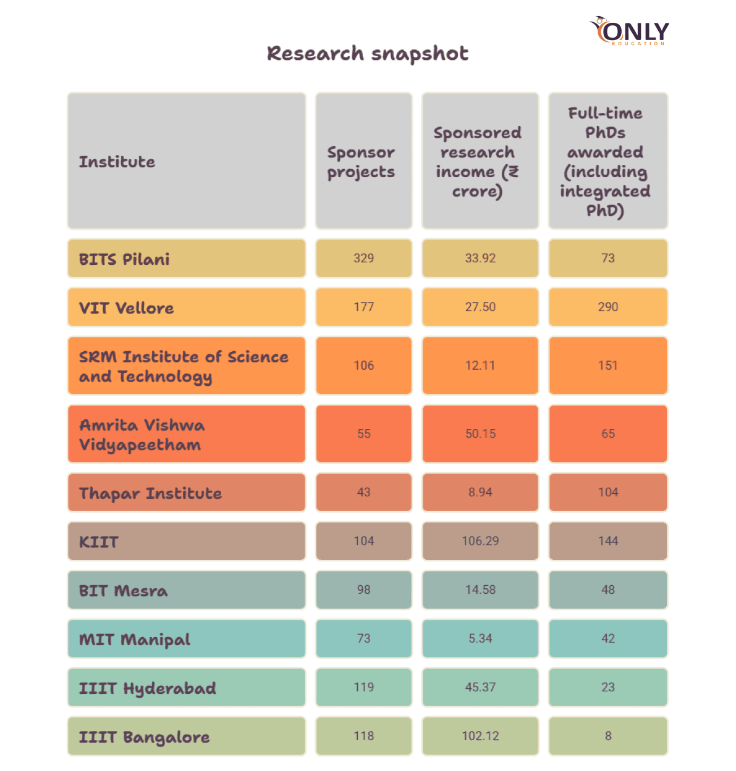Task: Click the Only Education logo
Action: (x=628, y=31)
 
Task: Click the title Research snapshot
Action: (x=368, y=54)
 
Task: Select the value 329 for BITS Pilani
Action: (x=364, y=259)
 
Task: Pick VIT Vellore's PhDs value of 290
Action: (x=607, y=307)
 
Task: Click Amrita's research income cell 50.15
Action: (x=480, y=434)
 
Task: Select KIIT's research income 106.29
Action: (x=480, y=541)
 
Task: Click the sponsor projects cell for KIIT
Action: (x=364, y=541)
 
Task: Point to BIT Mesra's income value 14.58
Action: (x=480, y=590)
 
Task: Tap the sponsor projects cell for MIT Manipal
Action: (x=364, y=638)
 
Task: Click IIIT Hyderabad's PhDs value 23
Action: (x=607, y=687)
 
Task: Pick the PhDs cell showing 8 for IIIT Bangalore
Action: (x=607, y=736)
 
